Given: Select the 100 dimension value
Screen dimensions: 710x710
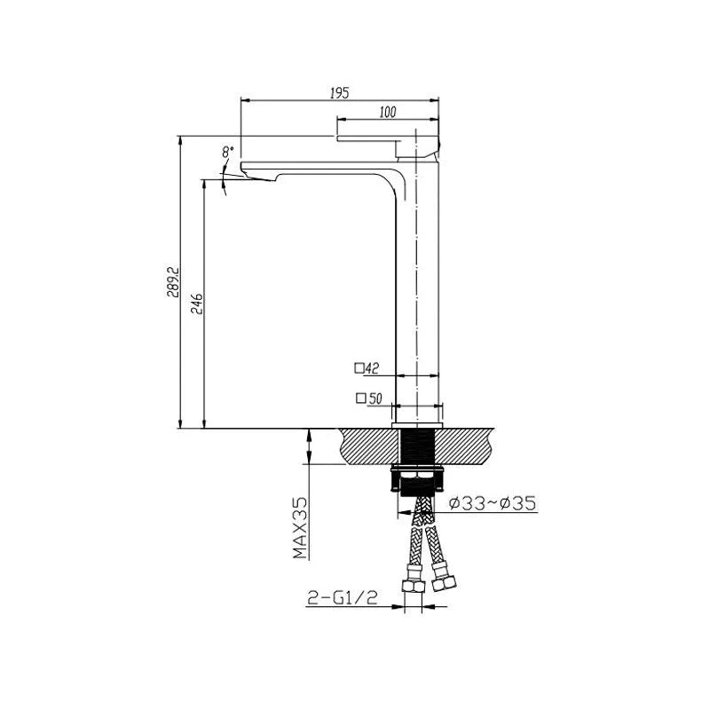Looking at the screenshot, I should tap(386, 112).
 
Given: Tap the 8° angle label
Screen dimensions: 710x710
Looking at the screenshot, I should tap(229, 152).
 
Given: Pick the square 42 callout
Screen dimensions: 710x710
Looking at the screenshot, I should tap(367, 367).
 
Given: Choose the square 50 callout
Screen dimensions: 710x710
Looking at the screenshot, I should tap(367, 398).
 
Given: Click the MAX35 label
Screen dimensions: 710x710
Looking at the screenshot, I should tap(300, 529).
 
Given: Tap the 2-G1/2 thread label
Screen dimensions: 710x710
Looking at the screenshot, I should tap(343, 600).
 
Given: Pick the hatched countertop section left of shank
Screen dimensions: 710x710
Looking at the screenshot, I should tap(364, 446).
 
